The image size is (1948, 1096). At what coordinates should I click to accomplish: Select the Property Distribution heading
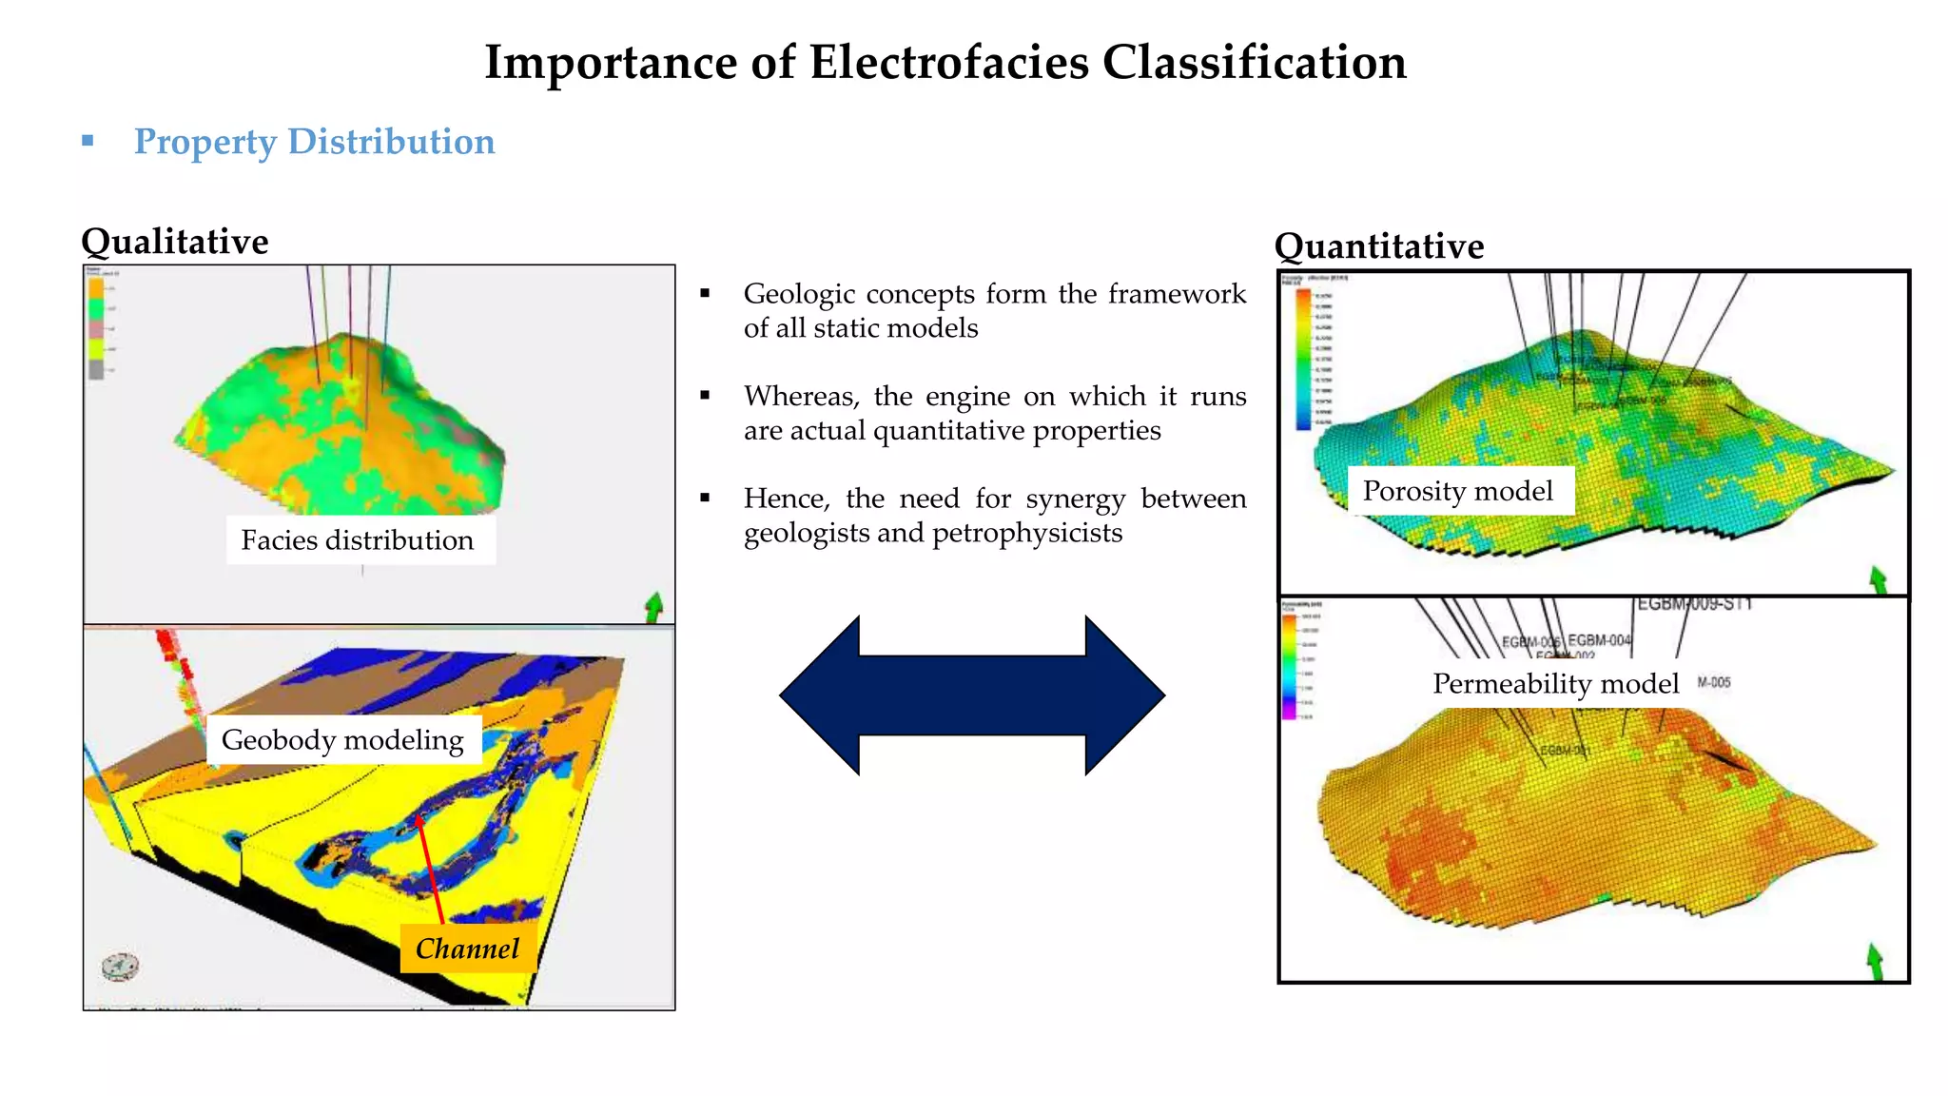[314, 142]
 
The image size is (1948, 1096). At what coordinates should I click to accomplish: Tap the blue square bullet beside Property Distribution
[88, 141]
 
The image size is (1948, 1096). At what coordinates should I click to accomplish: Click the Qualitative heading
[175, 242]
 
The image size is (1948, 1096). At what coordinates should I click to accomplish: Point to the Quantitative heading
[1378, 246]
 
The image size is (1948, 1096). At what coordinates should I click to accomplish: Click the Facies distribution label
[358, 540]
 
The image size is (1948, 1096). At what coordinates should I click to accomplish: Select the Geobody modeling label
[342, 740]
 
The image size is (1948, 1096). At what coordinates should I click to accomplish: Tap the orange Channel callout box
[467, 949]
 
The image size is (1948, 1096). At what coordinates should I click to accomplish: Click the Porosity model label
[1457, 491]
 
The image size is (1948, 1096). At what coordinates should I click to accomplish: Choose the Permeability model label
[1555, 684]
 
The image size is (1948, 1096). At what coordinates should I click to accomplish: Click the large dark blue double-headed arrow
[971, 695]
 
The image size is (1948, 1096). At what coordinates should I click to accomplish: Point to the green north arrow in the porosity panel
[1878, 579]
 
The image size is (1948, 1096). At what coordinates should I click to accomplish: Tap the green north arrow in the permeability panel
[1875, 961]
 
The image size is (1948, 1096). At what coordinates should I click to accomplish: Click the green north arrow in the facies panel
[653, 607]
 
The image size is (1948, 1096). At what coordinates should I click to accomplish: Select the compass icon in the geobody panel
[120, 968]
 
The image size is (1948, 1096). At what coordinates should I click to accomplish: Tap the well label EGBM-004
[1599, 640]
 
